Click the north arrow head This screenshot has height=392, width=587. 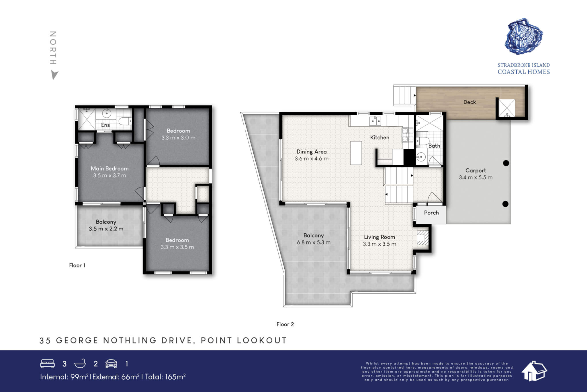(54, 75)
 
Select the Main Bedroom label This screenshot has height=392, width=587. (109, 168)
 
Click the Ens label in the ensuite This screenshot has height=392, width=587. (105, 125)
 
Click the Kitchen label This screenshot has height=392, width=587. (379, 137)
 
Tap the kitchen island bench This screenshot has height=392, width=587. (356, 153)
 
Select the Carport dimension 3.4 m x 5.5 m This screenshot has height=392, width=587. (476, 177)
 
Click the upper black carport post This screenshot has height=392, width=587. (506, 163)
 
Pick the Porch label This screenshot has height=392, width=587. (431, 213)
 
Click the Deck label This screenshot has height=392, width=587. (469, 102)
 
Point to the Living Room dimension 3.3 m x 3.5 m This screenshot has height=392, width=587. (379, 244)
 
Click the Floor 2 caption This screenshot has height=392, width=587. (285, 324)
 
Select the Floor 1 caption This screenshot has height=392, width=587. (77, 265)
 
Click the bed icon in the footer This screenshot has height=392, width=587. (47, 364)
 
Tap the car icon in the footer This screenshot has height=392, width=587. (111, 364)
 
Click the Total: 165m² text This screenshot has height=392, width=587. (165, 377)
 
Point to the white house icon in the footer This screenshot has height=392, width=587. (534, 371)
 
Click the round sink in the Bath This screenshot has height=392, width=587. (421, 157)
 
